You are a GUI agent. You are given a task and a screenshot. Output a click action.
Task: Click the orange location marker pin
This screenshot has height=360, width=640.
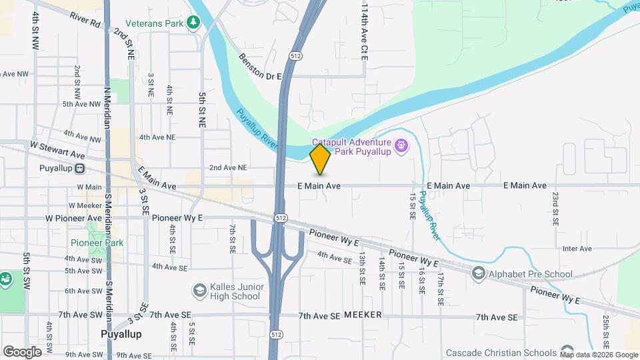pos(320,159)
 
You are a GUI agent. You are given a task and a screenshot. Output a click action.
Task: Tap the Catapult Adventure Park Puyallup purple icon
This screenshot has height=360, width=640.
pos(401,145)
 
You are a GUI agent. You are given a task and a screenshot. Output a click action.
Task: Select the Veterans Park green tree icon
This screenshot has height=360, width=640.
pos(194,23)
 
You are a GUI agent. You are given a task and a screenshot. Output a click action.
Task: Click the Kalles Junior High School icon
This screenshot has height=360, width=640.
pos(199,291)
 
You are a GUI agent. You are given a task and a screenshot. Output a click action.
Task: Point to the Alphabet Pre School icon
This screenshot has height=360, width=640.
pos(478,273)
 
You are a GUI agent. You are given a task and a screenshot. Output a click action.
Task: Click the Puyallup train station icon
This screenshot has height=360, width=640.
pos(79,168)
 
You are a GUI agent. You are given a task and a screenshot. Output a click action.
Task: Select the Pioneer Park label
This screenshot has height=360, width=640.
pos(97,243)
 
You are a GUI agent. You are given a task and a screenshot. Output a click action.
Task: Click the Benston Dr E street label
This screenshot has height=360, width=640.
pos(261,67)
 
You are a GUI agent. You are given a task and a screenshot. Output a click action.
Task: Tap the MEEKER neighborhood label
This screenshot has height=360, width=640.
pos(363,315)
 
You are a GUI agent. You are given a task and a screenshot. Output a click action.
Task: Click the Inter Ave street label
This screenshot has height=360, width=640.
pos(577,249)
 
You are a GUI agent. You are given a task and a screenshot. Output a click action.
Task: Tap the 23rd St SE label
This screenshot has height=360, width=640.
pos(555,209)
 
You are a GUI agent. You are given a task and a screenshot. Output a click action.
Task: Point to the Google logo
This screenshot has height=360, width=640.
pos(22,351)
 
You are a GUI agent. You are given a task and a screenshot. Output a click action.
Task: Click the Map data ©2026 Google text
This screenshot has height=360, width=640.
pos(599,355)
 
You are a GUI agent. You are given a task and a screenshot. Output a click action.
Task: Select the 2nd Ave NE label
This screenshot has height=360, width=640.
pos(228,168)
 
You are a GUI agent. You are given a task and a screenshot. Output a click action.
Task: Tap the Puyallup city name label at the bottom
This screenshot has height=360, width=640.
pos(121,334)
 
